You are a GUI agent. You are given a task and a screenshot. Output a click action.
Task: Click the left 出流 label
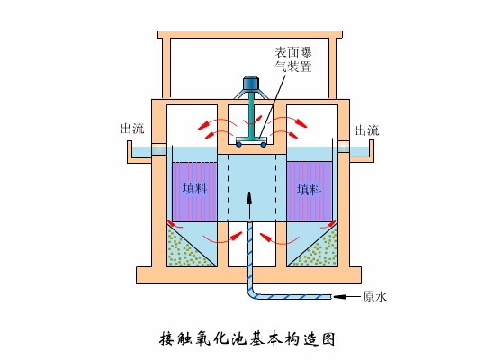coord(131,129)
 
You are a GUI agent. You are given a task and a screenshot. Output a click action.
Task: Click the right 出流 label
coord(366,130)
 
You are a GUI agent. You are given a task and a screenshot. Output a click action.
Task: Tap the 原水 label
coord(374,296)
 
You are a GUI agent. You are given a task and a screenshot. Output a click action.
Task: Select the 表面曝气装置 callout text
coord(294,58)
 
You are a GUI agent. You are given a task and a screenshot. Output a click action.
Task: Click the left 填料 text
coord(194,189)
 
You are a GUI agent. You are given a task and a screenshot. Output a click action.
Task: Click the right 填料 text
coord(309,189)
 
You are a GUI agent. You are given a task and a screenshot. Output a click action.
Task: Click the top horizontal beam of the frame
coord(249,35)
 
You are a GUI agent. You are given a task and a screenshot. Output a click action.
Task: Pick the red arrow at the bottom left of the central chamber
coord(237,235)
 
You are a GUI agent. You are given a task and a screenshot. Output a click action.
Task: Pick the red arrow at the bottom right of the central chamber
coord(265,235)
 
